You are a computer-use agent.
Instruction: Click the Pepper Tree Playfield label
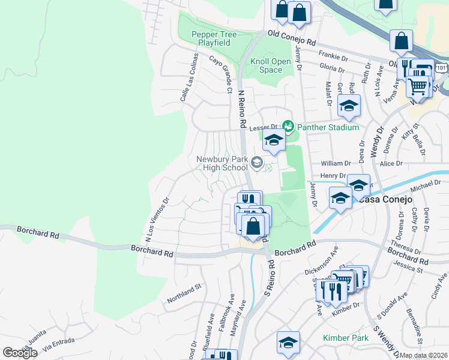tap(211, 39)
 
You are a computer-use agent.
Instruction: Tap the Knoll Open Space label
tap(270, 65)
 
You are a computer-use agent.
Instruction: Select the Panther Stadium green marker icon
tap(289, 127)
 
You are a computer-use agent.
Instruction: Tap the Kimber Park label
tap(345, 338)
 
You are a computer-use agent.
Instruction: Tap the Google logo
tap(20, 353)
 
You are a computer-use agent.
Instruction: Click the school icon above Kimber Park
tap(288, 343)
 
